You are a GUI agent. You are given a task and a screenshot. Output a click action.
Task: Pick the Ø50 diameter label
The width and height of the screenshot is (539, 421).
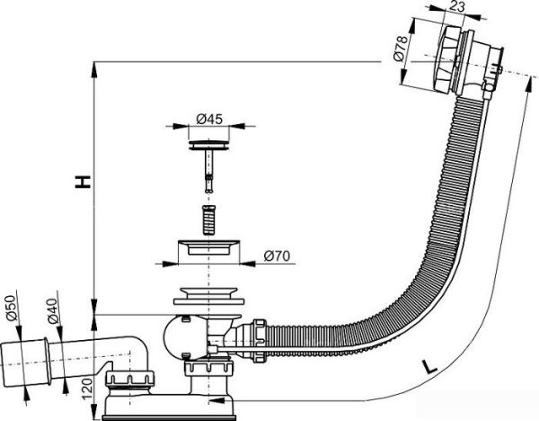pyautogui.click(x=13, y=306)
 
